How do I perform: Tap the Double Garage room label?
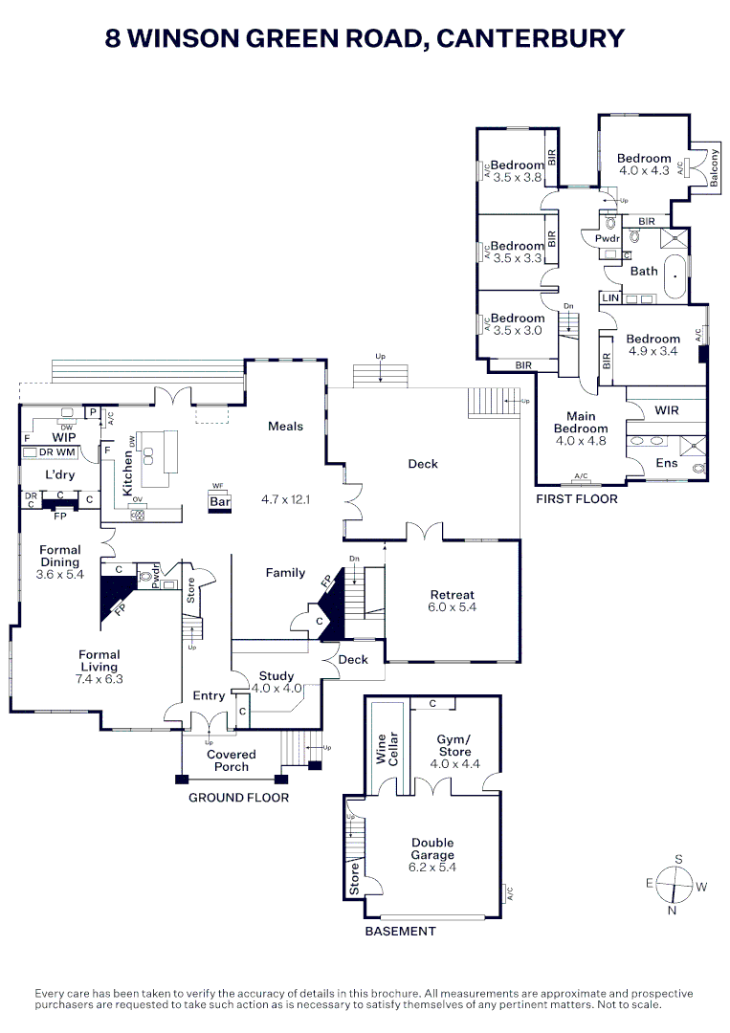tap(432, 849)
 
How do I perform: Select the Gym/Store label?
tap(454, 746)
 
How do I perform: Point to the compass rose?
tap(676, 885)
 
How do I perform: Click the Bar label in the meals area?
tap(220, 501)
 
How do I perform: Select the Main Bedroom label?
tap(581, 423)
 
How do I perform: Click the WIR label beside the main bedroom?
tap(667, 410)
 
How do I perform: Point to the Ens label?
tap(667, 463)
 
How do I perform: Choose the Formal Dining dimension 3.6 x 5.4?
tap(60, 575)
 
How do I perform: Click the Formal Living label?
tap(100, 661)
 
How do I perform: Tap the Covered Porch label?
tap(232, 760)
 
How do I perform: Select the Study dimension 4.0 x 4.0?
tap(277, 688)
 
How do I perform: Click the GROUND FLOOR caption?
tap(238, 797)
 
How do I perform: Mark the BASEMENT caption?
tap(401, 931)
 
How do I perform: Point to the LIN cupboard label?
tap(609, 298)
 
